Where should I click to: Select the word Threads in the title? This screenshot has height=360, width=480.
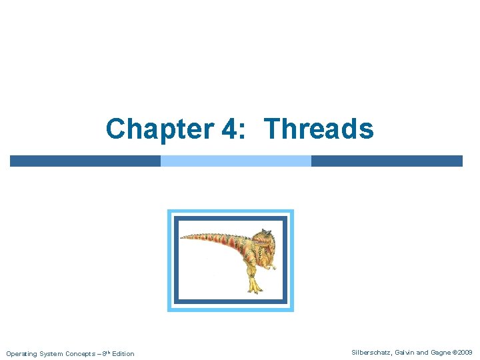pyautogui.click(x=319, y=129)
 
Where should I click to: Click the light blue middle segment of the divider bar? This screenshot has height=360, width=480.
pyautogui.click(x=236, y=161)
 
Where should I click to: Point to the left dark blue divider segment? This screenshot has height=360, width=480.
pyautogui.click(x=85, y=161)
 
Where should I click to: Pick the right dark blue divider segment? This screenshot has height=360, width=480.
pyautogui.click(x=387, y=161)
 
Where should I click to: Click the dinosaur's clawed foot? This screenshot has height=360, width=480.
pyautogui.click(x=254, y=288)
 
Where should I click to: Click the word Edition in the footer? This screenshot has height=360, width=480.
pyautogui.click(x=123, y=353)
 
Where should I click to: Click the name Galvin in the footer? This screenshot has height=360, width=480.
pyautogui.click(x=407, y=352)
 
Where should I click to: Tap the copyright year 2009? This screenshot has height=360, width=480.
pyautogui.click(x=465, y=352)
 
